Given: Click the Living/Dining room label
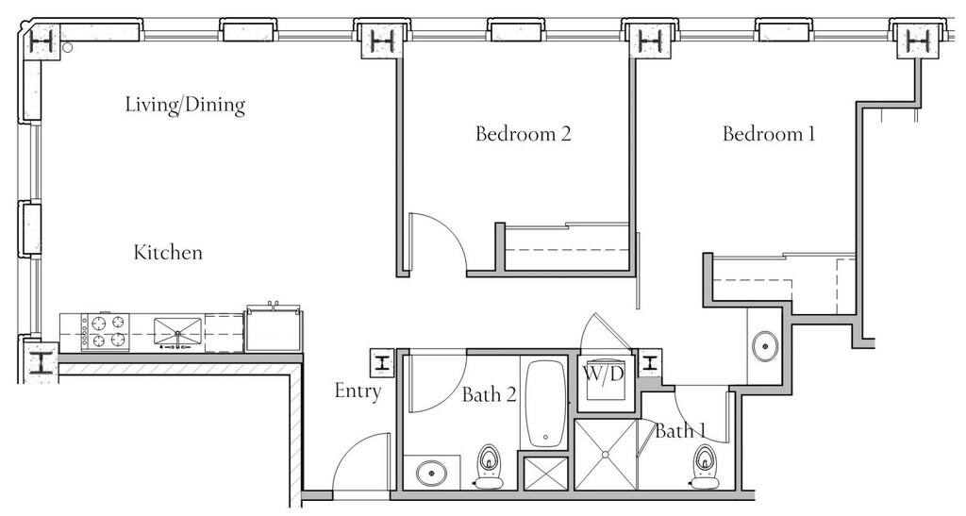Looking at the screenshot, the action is (186, 105).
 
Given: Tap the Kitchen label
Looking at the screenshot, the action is (168, 253).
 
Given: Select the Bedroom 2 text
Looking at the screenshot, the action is (523, 134).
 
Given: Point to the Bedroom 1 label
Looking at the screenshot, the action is (769, 134).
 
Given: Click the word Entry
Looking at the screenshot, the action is (358, 391).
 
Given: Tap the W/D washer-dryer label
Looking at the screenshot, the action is (604, 374).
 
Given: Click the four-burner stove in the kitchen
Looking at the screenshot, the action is (106, 332).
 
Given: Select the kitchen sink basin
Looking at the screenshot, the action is (177, 331).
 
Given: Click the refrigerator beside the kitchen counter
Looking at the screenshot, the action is (274, 329).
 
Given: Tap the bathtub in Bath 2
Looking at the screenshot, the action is (544, 404).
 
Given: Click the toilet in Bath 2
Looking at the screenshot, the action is (490, 465).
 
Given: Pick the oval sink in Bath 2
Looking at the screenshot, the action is (431, 474).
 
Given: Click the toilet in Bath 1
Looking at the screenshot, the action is (704, 466).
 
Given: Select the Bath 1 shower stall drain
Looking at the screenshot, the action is (606, 455).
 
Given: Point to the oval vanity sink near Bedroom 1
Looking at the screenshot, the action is (764, 346).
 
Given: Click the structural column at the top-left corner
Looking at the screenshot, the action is (42, 42).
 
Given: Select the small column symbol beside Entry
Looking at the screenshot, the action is (383, 363).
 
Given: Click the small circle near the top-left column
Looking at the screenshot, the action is (68, 47).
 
